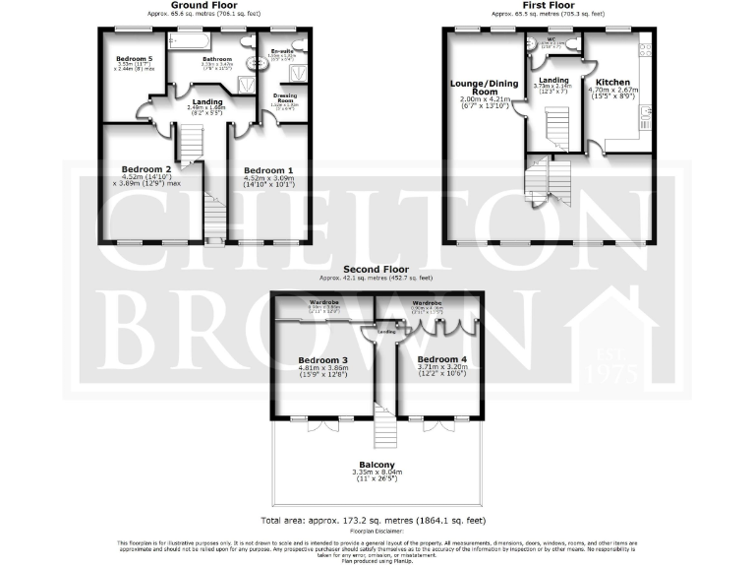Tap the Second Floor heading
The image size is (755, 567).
click(x=377, y=269)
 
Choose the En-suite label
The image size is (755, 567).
click(x=282, y=50)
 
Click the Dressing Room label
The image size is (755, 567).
click(x=284, y=97)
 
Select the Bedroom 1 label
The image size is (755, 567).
click(x=268, y=168)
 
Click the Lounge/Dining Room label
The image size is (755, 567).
click(x=481, y=88)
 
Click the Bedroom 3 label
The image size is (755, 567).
click(x=323, y=360)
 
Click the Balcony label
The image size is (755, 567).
click(x=377, y=465)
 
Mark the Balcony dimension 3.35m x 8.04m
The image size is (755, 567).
click(x=377, y=473)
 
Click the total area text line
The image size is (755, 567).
click(x=377, y=519)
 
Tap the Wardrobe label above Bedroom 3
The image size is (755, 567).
click(x=323, y=301)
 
